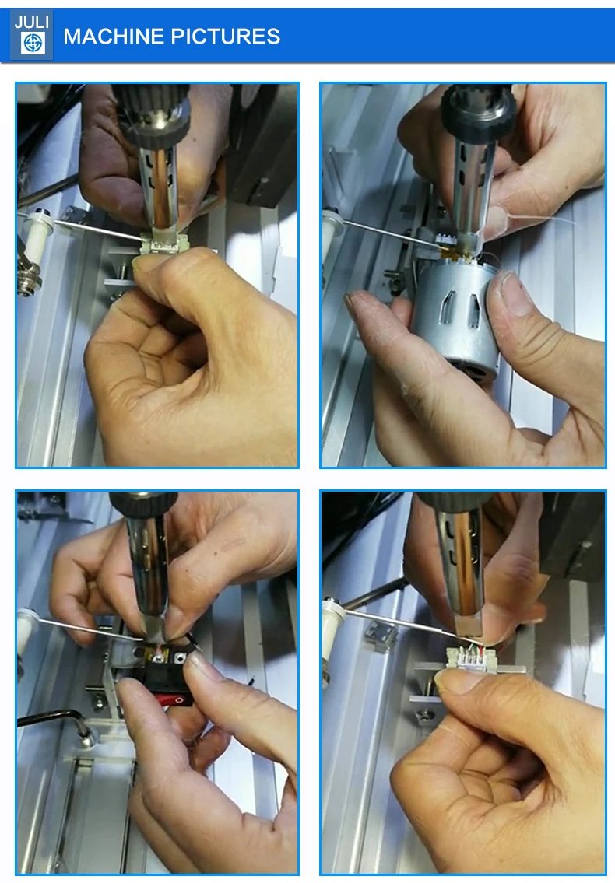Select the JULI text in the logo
click(31, 22)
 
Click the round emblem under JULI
click(32, 44)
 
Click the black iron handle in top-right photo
click(476, 113)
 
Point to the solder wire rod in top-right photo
click(381, 233)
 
